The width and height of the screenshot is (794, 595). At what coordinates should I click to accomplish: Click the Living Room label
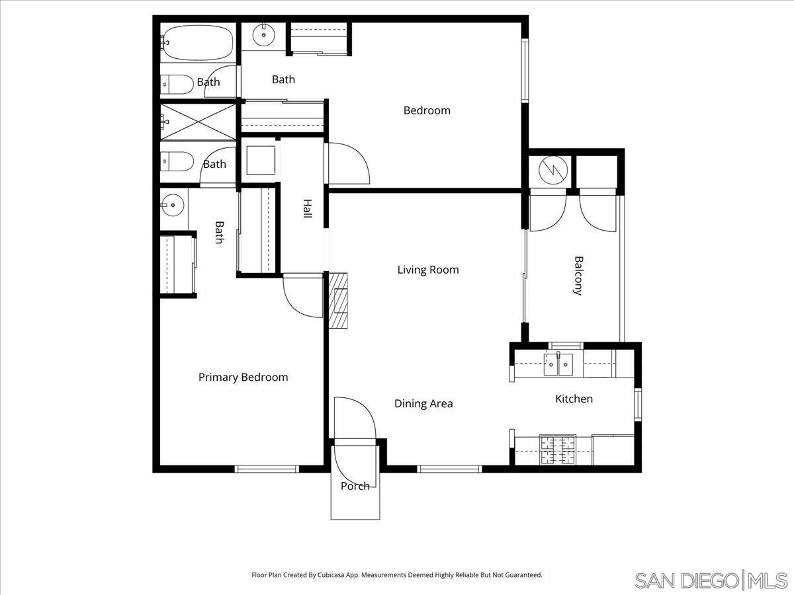pyautogui.click(x=427, y=270)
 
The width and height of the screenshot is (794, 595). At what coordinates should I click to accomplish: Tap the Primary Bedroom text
pyautogui.click(x=243, y=377)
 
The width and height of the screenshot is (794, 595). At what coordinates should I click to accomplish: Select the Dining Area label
pyautogui.click(x=423, y=403)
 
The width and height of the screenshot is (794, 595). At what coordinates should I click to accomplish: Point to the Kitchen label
pyautogui.click(x=574, y=399)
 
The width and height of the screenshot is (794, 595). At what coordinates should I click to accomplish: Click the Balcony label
pyautogui.click(x=578, y=276)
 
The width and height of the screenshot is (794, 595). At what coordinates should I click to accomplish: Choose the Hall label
pyautogui.click(x=308, y=209)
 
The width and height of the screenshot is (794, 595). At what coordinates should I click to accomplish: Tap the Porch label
pyautogui.click(x=355, y=487)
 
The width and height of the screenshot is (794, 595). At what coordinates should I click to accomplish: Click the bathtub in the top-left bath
pyautogui.click(x=198, y=43)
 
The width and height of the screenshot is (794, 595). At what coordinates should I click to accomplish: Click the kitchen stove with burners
pyautogui.click(x=558, y=450)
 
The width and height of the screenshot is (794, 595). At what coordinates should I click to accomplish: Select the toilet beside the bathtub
pyautogui.click(x=176, y=84)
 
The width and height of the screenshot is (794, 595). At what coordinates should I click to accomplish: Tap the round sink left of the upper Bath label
pyautogui.click(x=264, y=34)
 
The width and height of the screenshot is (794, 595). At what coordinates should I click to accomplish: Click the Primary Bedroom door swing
pyautogui.click(x=302, y=296)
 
